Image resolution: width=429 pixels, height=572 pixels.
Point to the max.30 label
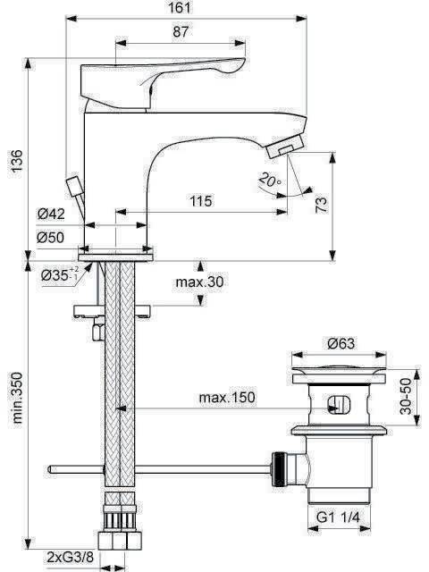click(199, 282)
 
